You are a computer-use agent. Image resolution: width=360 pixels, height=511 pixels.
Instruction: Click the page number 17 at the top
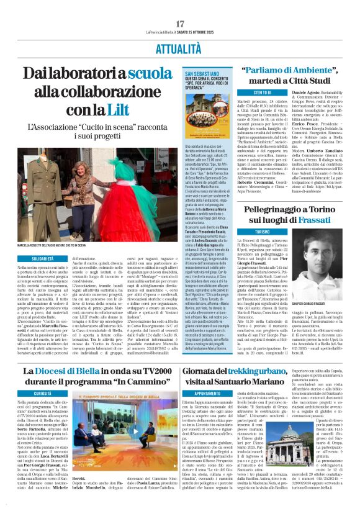point(180,24)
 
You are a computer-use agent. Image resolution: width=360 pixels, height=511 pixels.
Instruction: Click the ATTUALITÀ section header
point(180,48)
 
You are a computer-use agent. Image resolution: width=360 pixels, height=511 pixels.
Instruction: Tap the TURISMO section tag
point(263,231)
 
